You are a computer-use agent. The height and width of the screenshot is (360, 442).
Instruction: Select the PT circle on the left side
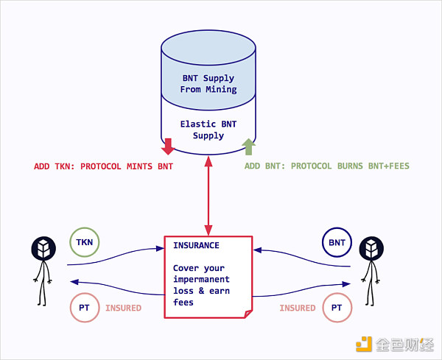(x=85, y=307)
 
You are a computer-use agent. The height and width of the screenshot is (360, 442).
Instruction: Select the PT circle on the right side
(x=336, y=307)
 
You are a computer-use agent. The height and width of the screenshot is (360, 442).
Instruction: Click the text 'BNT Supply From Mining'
(x=208, y=84)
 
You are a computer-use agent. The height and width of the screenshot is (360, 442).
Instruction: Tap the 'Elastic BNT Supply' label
(x=208, y=130)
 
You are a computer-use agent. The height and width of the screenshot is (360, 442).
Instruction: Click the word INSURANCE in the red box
(x=196, y=245)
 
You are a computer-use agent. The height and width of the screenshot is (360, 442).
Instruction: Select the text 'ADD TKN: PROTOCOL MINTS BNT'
(x=103, y=166)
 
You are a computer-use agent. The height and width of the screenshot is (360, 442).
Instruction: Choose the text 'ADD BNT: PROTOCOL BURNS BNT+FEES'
(x=326, y=166)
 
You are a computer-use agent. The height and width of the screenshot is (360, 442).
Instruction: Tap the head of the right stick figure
(x=371, y=249)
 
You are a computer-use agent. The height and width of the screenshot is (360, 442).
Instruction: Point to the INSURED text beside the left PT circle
(x=123, y=308)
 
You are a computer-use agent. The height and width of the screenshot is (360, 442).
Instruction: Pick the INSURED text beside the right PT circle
(x=297, y=308)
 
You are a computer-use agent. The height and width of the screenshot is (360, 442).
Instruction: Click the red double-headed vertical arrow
(x=208, y=197)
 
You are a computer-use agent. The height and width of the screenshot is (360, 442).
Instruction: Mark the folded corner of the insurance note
(x=247, y=313)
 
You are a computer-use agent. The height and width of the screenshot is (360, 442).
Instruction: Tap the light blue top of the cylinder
(x=208, y=43)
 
